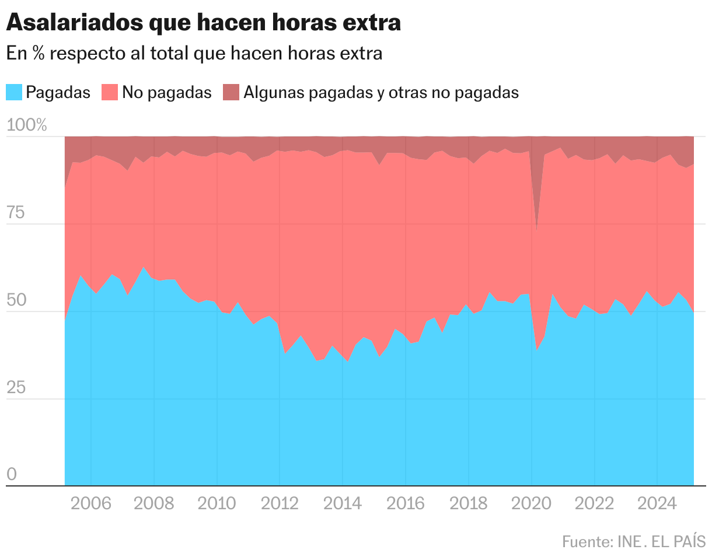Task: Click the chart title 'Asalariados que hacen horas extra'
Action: pyautogui.click(x=203, y=23)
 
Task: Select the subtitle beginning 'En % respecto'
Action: pyautogui.click(x=194, y=53)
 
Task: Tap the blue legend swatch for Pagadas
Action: pyautogui.click(x=14, y=92)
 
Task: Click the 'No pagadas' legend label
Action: pyautogui.click(x=167, y=92)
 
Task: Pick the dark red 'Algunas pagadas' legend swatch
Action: pyautogui.click(x=231, y=92)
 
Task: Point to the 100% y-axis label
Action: pyautogui.click(x=26, y=125)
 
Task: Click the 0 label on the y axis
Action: pyautogui.click(x=12, y=475)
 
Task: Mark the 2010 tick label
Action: pyautogui.click(x=217, y=503)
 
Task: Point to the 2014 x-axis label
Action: pyautogui.click(x=343, y=503)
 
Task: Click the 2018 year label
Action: pyautogui.click(x=468, y=503)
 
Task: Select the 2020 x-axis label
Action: pyautogui.click(x=531, y=503)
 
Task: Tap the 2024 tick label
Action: pyautogui.click(x=657, y=503)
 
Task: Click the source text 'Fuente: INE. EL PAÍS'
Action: pyautogui.click(x=634, y=541)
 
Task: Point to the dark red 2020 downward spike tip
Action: pyautogui.click(x=536, y=229)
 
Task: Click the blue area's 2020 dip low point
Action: pyautogui.click(x=537, y=349)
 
